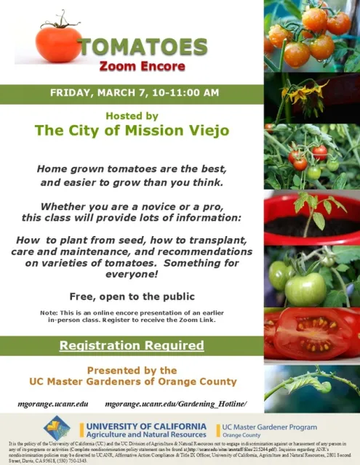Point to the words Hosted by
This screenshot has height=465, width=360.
pos(132,116)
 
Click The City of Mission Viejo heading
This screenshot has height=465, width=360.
pos(132,131)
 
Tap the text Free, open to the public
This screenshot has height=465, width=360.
pos(132,296)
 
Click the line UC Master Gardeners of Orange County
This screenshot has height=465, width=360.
pos(132,381)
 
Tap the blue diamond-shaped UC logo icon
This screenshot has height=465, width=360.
pos(57,427)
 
